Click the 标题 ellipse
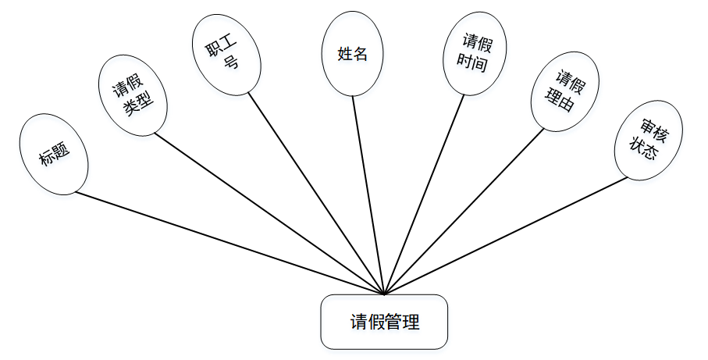pos(54,154)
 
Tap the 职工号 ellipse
pos(222,54)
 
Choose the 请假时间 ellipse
pos(475,54)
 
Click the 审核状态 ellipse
pos(648,141)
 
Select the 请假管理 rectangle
pos(384,322)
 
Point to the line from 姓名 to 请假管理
pos(368,196)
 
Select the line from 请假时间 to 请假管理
pos(422,194)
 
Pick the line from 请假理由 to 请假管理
pos(465,210)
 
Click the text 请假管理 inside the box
pos(385,322)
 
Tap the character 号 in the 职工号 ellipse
pos(230,64)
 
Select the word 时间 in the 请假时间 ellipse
pos(474,64)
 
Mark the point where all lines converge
pos(385,294)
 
